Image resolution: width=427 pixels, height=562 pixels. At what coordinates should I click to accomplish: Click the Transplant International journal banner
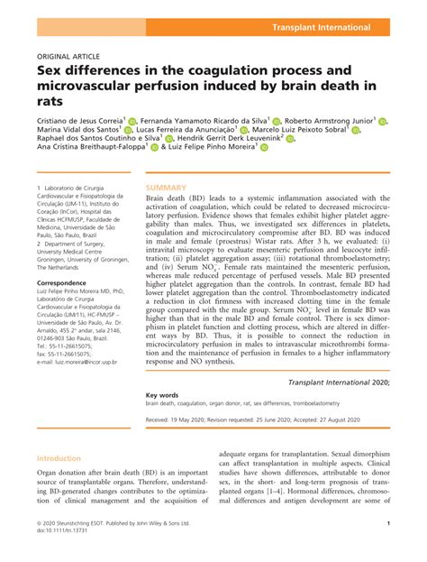pos(347,29)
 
